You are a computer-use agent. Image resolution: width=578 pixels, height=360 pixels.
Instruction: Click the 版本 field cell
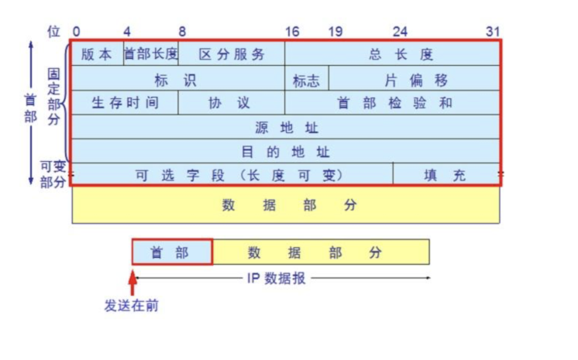[x=97, y=54]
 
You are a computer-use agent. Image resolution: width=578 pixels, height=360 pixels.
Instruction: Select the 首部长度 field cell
[x=151, y=54]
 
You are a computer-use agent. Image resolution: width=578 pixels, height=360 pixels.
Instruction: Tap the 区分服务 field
[x=232, y=54]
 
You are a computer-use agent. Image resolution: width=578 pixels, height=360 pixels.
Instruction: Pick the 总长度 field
[x=392, y=54]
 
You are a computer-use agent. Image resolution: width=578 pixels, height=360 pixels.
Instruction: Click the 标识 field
[x=177, y=79]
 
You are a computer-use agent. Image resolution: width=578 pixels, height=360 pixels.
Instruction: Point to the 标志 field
[x=306, y=80]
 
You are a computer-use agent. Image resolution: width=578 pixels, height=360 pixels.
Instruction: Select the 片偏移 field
[x=415, y=79]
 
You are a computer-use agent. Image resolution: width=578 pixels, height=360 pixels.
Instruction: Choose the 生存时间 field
[x=124, y=103]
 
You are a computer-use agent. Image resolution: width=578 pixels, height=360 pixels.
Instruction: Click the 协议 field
[x=232, y=103]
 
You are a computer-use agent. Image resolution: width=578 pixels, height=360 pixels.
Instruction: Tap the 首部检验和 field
[x=392, y=103]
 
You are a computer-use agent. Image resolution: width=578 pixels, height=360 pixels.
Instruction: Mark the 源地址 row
[x=285, y=127]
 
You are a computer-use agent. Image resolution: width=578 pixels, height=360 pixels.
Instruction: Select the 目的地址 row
[x=285, y=151]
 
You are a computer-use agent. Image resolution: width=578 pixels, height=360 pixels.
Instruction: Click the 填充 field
[x=445, y=174]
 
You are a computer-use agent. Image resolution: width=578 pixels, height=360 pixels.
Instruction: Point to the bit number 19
[x=335, y=32]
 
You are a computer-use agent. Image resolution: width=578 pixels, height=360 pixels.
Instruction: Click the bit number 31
[x=493, y=32]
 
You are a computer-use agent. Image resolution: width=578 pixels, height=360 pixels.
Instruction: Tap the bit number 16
[x=291, y=32]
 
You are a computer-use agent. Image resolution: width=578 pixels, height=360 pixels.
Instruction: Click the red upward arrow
[x=132, y=281]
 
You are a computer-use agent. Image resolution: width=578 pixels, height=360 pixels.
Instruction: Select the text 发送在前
[x=131, y=306]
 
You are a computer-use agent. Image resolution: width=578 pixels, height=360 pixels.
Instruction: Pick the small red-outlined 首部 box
[x=171, y=252]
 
